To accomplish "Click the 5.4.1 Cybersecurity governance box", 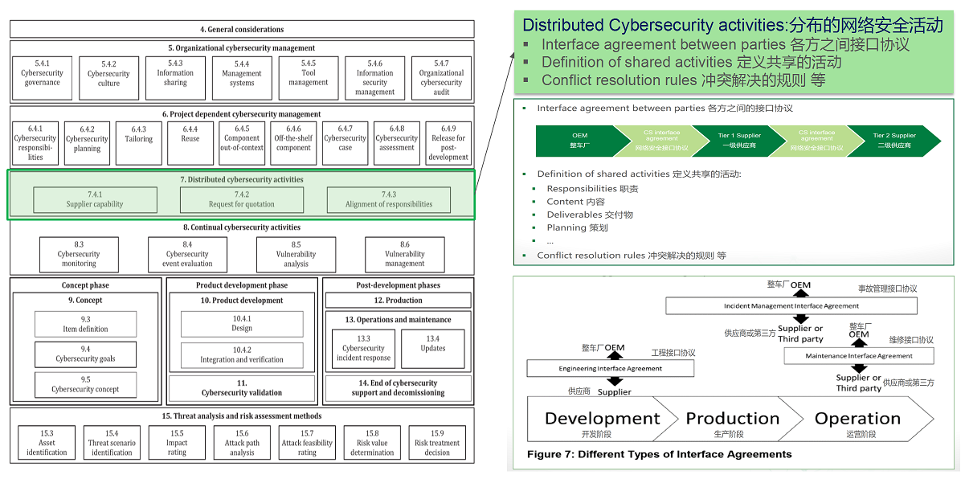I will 43,77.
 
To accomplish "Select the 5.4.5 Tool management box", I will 309,77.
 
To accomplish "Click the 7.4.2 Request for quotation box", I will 242,199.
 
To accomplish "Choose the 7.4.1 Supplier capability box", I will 95,199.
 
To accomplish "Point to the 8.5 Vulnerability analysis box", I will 296,254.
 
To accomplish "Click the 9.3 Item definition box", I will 85,324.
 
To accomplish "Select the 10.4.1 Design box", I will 242,324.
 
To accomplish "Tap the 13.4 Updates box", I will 433,348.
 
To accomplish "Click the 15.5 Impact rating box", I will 177,443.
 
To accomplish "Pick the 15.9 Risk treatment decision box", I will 437,443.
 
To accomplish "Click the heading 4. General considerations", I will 242,30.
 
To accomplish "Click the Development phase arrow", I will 602,419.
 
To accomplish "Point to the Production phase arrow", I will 732,419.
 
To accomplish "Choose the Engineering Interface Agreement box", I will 611,368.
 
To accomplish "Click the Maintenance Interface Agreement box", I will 859,355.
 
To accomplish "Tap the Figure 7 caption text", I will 659,454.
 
